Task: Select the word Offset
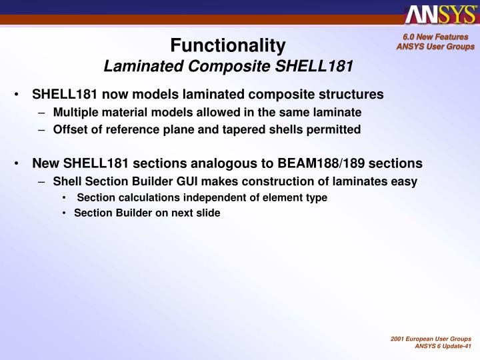(x=68, y=129)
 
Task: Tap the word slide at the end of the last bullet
(x=208, y=213)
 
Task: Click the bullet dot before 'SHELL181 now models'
(x=15, y=95)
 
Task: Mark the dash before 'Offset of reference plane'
(x=42, y=129)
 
